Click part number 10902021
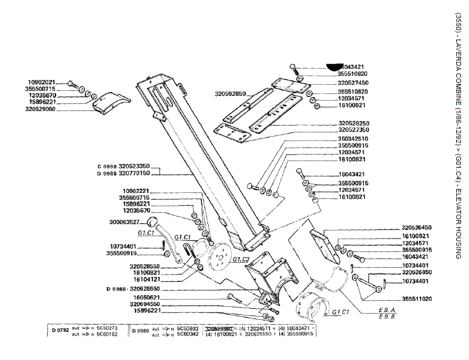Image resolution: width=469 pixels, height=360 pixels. tap(41, 82)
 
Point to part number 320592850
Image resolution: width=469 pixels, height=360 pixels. tap(230, 94)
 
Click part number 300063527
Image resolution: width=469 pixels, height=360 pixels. tap(125, 222)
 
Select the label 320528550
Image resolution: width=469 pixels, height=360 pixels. tap(145, 266)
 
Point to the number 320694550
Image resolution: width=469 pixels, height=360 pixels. tap(145, 303)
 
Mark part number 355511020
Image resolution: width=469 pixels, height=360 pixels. tap(417, 299)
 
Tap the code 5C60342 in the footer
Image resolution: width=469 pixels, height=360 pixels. tap(188, 334)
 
